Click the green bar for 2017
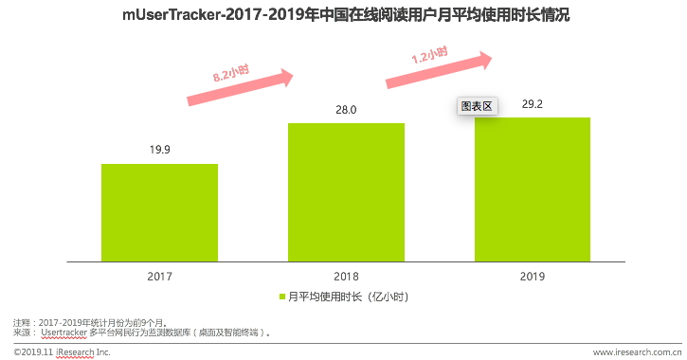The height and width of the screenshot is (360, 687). point(159,211)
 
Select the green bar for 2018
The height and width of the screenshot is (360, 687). point(346,190)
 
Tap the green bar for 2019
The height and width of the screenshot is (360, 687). point(533,188)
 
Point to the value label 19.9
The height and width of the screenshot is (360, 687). point(159,150)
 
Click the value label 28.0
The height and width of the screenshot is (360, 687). point(346,110)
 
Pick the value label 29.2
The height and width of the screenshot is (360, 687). point(533,104)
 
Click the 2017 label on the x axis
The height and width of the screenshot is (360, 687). point(159,276)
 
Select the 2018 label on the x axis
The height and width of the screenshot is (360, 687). point(346,276)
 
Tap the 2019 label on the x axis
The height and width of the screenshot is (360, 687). point(533,276)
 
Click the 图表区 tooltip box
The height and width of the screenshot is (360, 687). point(477,106)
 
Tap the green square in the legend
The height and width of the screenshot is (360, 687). point(280,297)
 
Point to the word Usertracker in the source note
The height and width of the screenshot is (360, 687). point(65,333)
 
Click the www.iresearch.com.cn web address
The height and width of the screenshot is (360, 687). point(632,352)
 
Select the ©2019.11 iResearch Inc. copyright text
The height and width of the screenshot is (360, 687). point(63,352)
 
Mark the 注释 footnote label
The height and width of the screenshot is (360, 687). point(23,323)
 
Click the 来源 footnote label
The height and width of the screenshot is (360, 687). point(23,333)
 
